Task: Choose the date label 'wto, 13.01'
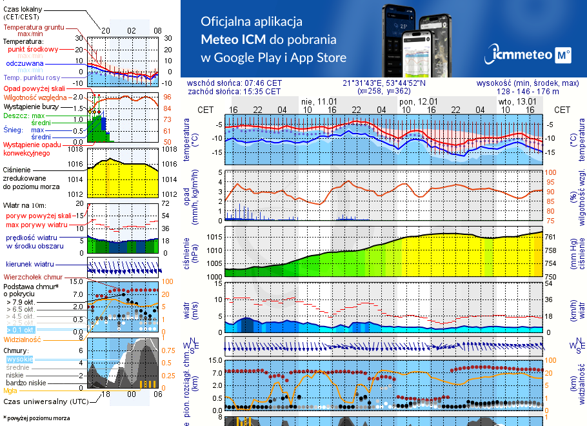[517, 101]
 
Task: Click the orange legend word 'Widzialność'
[23, 338]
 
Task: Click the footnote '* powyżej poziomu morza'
[36, 418]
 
